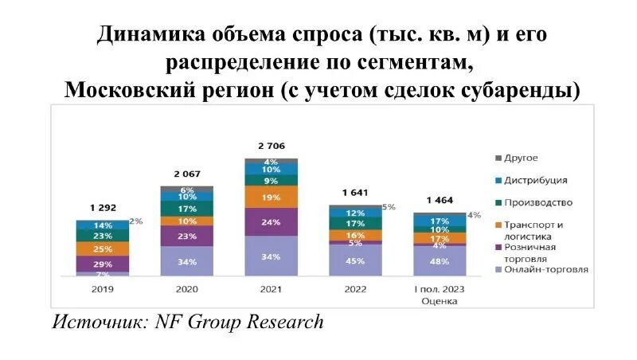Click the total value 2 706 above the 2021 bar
point(271,146)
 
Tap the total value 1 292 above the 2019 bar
point(102,209)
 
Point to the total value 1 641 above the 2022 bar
point(355,193)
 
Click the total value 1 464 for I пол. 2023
point(440,200)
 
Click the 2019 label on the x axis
point(102,289)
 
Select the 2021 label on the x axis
point(271,289)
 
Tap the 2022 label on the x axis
point(355,289)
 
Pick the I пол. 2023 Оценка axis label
point(440,295)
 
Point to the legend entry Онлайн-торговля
point(546,269)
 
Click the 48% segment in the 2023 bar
point(440,260)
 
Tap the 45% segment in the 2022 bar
point(355,260)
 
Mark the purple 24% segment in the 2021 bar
point(271,221)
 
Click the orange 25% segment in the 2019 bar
point(102,249)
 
